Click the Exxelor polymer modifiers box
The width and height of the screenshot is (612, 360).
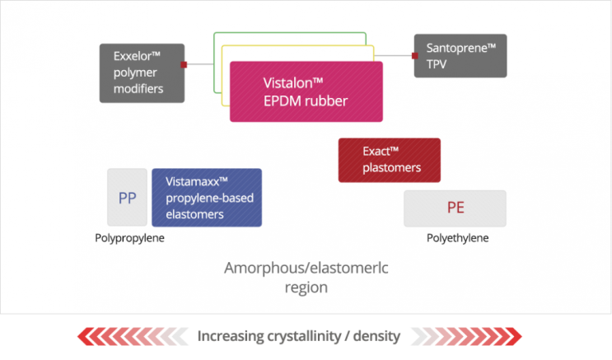click(x=142, y=72)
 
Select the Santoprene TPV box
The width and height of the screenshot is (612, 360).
click(x=460, y=56)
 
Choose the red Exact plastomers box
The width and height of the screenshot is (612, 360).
click(x=389, y=160)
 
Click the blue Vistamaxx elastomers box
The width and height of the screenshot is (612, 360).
click(x=207, y=198)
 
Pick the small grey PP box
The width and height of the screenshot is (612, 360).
click(x=127, y=198)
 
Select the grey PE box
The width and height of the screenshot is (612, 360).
click(x=455, y=208)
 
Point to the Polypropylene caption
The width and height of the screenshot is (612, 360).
click(x=129, y=238)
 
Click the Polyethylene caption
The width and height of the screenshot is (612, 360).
click(x=457, y=238)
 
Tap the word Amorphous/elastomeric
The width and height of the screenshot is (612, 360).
click(x=306, y=269)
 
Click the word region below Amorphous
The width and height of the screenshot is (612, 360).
click(x=306, y=288)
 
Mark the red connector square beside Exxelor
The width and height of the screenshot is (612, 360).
click(x=185, y=63)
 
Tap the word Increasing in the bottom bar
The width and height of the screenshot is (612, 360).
click(x=230, y=336)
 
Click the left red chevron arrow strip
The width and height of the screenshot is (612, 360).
click(x=132, y=336)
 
